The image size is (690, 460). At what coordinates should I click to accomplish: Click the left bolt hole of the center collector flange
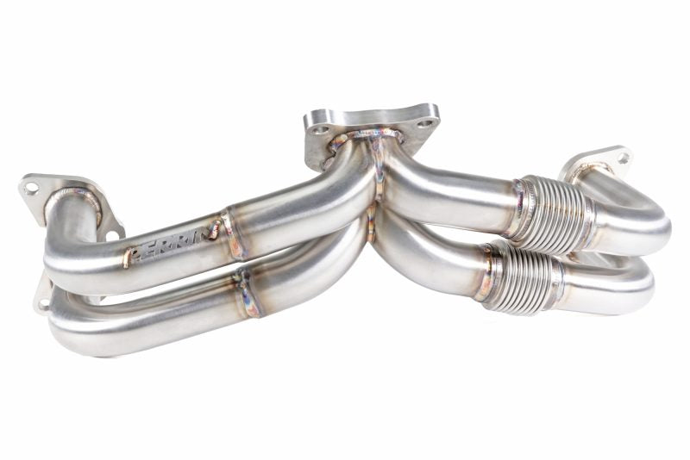click(320, 130)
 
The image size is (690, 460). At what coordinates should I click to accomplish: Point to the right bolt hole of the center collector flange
click(425, 124)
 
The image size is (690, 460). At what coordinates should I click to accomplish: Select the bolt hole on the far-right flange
click(620, 159)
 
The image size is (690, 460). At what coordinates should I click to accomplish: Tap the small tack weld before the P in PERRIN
click(127, 257)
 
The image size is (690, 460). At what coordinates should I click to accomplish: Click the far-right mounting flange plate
click(595, 164)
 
